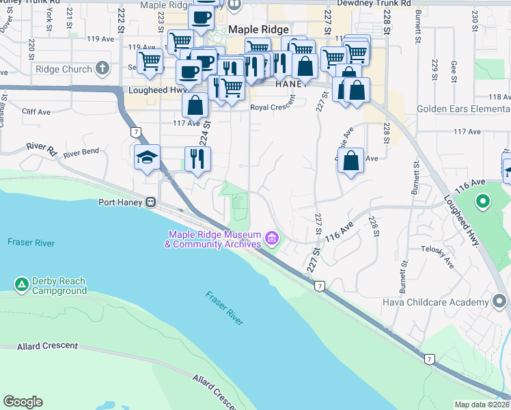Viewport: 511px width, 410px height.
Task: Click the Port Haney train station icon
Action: tap(150, 202)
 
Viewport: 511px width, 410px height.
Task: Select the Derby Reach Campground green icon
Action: tap(21, 283)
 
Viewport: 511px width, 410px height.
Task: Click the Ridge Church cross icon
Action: tap(102, 68)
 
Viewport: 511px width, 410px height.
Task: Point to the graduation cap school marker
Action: tap(148, 158)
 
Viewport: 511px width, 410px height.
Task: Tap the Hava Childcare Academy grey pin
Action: tap(500, 300)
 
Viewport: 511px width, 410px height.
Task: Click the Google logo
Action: tap(23, 402)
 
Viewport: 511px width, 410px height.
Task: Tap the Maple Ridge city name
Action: tap(259, 29)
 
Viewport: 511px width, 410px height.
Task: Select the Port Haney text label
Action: tap(120, 202)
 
